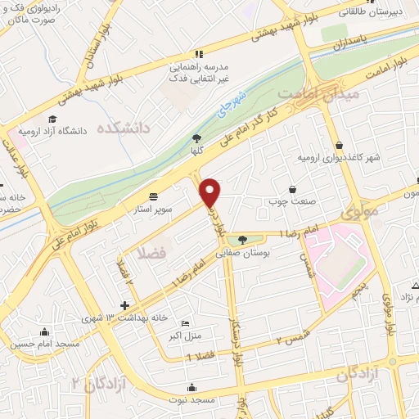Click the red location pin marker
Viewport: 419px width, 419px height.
click(210, 191)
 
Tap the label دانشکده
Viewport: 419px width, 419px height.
click(124, 128)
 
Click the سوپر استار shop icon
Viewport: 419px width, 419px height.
click(154, 196)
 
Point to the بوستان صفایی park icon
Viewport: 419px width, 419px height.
click(242, 240)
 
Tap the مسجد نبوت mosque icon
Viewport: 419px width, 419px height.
click(192, 387)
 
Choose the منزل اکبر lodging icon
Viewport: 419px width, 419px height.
click(184, 323)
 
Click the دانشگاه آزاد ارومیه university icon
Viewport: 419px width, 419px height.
click(53, 120)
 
